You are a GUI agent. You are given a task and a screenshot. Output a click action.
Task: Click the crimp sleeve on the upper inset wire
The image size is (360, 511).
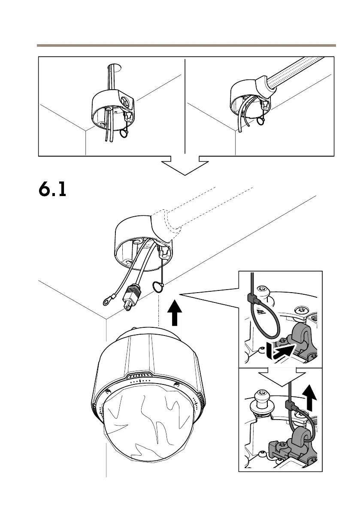click(253, 299)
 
